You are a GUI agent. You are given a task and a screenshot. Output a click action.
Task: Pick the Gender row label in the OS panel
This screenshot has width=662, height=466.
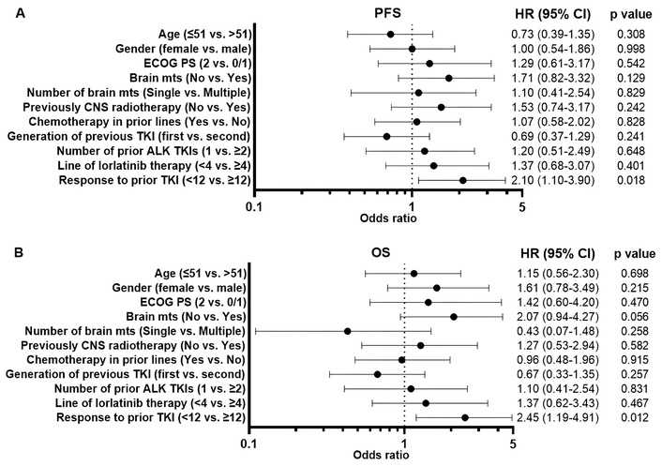click(x=184, y=287)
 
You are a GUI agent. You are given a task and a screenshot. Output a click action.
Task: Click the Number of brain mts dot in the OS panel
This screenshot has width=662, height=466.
click(x=348, y=330)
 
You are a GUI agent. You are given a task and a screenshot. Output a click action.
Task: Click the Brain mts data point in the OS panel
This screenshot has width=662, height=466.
click(x=454, y=316)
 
